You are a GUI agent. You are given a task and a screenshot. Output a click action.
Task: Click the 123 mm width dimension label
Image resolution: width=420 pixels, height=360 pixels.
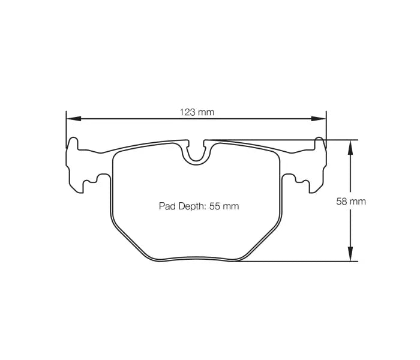(197, 112)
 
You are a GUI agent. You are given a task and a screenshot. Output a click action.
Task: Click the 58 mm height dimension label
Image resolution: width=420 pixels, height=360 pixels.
(350, 202)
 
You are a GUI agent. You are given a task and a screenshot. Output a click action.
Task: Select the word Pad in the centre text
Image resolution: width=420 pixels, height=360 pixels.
(166, 206)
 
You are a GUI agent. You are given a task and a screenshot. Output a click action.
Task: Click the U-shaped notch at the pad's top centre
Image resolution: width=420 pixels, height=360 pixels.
(196, 154)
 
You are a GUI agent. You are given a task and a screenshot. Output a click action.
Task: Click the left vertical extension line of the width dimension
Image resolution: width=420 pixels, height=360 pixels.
(65, 129)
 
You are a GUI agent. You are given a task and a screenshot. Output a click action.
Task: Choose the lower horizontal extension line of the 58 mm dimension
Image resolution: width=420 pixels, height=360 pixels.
(300, 262)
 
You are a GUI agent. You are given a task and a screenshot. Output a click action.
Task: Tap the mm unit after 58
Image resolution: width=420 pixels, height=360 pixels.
(359, 202)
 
